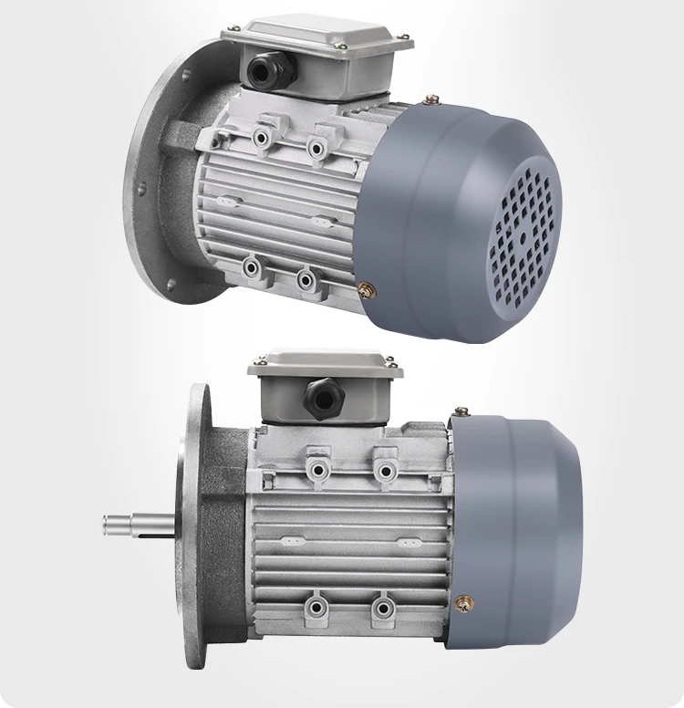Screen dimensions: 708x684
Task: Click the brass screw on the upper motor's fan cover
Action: click(x=368, y=289)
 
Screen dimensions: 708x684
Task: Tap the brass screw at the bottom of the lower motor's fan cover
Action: click(x=466, y=602)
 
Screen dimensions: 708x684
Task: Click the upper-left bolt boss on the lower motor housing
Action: click(x=318, y=468)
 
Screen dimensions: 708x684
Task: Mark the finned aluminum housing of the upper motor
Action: click(x=274, y=210)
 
